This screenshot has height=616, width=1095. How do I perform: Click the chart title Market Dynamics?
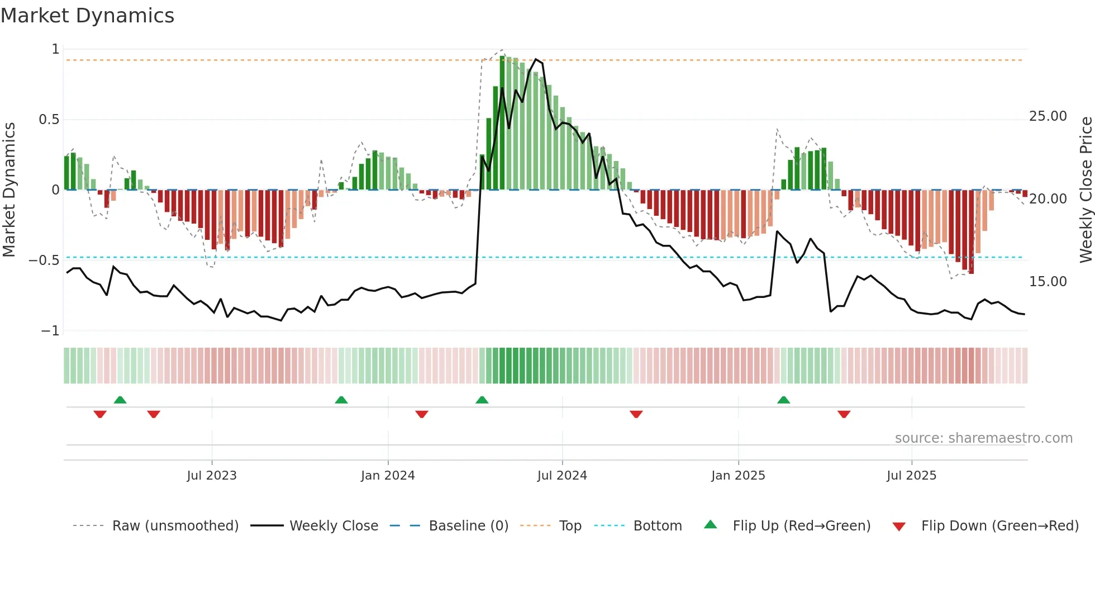coord(88,16)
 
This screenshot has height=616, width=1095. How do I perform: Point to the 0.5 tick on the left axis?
coord(49,120)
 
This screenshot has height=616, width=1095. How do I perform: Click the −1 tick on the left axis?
coord(50,331)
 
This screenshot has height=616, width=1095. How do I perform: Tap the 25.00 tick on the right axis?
coord(1048,116)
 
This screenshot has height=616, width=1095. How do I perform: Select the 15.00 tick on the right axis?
coord(1048,282)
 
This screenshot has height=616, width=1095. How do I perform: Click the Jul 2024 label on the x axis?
coord(562,476)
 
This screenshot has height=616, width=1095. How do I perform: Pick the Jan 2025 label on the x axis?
coord(738,476)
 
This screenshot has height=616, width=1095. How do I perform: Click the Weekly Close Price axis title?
coord(1086,189)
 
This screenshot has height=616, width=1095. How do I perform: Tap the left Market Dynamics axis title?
coord(9,189)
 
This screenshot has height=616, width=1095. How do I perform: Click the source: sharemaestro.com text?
coord(983,438)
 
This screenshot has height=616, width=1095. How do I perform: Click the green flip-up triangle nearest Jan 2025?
coord(783,400)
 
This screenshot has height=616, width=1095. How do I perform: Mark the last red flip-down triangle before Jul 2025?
coord(844,414)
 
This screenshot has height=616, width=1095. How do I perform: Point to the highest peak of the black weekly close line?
coord(536,59)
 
